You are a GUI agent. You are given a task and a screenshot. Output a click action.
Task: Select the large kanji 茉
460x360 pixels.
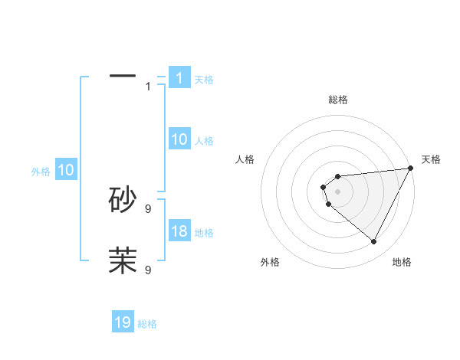123,260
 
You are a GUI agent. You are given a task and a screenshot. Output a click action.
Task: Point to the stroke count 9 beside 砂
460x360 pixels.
148,208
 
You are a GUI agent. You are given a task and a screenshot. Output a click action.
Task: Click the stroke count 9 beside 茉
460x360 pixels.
148,270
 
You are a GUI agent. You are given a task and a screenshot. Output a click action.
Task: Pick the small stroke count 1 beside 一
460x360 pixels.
148,86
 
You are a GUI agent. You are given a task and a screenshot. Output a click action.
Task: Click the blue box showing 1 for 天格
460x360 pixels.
179,78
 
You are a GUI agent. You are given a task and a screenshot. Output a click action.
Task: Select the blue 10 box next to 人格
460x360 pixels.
179,139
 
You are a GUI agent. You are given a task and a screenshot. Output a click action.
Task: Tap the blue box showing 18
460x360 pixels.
179,231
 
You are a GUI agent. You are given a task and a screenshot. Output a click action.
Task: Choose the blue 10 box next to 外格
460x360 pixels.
65,171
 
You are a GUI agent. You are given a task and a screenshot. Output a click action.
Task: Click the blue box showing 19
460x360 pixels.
123,322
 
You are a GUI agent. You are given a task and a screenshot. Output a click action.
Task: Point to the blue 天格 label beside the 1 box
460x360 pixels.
204,79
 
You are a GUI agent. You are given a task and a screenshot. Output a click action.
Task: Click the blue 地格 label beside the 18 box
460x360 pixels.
204,232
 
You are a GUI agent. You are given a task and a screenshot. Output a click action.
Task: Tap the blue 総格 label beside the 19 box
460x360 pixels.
147,323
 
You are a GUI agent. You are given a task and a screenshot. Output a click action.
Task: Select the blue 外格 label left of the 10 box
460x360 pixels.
41,172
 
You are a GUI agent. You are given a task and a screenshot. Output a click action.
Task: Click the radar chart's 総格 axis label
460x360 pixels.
338,100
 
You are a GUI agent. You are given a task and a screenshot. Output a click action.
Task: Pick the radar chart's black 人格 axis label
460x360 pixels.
245,159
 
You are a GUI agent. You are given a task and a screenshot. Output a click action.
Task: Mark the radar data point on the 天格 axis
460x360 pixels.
411,169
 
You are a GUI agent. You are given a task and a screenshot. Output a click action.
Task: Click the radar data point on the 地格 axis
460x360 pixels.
374,242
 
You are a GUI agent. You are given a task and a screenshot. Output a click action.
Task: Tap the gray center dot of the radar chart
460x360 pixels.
338,191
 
